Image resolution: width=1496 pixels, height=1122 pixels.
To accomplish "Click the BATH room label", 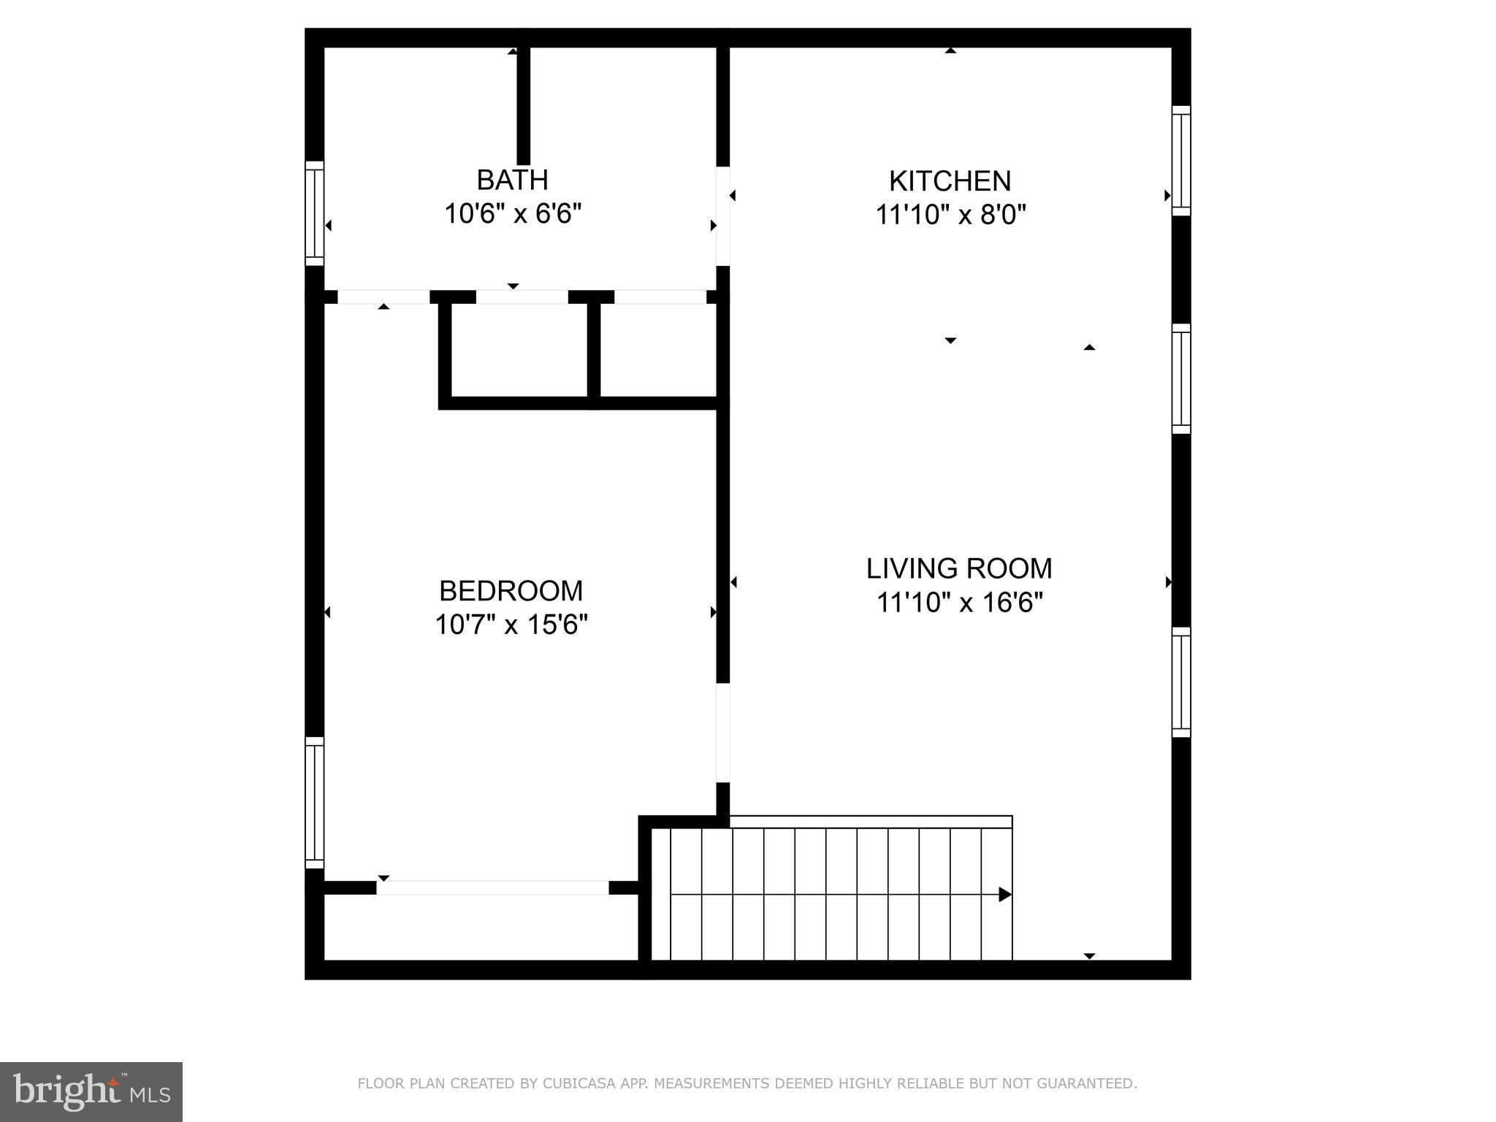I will coord(512,180).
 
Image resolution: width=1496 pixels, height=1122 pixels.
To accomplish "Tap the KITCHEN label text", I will coord(950,181).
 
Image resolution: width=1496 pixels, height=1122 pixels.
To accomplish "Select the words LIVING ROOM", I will coord(959,568).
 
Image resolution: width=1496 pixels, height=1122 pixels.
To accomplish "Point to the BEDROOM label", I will coord(511,590).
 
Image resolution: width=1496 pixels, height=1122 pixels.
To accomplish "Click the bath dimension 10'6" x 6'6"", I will coord(513,214).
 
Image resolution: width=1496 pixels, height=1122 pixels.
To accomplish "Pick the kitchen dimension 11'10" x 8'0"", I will coord(950,215).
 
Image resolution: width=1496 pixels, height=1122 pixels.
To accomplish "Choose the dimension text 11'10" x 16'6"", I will coord(959,603).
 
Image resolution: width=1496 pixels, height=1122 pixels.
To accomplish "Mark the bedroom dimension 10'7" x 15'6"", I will coord(511,625).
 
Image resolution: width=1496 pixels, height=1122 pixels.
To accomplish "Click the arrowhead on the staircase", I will coord(1004,894).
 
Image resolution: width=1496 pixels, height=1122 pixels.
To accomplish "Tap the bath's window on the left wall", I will coord(314,213).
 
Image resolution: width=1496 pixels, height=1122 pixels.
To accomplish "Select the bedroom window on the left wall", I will coord(314,802).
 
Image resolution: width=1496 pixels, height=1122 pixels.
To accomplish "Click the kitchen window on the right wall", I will coord(1181,161).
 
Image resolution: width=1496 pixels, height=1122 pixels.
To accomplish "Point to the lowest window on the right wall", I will coord(1181,682).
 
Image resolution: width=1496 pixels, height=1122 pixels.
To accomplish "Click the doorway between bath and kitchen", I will coord(722,216).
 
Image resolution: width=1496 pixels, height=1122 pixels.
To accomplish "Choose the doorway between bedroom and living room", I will coord(722,732).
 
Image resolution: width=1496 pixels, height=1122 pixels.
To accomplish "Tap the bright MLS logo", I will coord(91,1091).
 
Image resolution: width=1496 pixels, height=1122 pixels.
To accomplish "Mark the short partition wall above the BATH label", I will coord(523,106).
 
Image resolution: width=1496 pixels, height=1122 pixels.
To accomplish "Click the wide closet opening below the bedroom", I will coord(492,888).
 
